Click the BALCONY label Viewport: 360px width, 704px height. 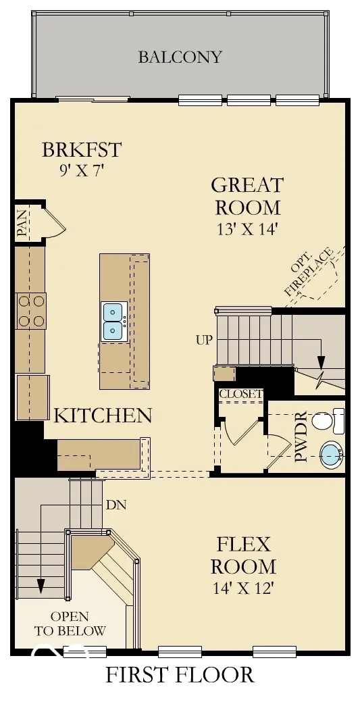[180, 57]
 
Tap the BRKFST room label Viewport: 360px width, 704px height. [81, 149]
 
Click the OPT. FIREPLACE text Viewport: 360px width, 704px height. [309, 274]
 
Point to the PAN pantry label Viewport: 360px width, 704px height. [22, 224]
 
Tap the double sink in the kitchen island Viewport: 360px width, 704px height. [113, 321]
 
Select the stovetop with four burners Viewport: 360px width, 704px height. [30, 311]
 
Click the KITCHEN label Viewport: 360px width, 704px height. [103, 415]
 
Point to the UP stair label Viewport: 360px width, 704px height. [204, 340]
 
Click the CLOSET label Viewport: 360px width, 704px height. [240, 393]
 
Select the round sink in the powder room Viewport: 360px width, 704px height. [330, 455]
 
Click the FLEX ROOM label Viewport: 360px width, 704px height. [243, 555]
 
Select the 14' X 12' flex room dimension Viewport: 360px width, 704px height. [243, 588]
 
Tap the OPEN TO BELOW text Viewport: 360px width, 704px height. [70, 624]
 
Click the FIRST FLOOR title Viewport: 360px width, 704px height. [180, 674]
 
